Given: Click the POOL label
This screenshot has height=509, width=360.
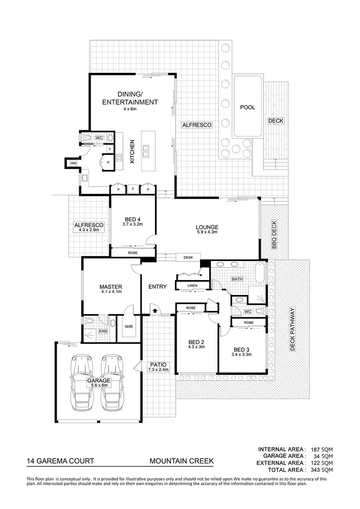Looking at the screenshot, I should (x=248, y=107).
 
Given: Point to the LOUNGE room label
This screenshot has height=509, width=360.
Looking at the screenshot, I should (x=207, y=227).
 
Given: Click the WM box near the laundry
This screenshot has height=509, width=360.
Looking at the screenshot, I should (x=73, y=164).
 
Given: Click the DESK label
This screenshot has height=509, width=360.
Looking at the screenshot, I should (x=188, y=258).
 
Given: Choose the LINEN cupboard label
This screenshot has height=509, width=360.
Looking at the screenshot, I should (x=192, y=286).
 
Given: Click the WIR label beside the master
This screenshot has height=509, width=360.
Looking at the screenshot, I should (x=129, y=327).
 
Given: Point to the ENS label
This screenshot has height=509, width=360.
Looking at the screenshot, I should (x=102, y=331).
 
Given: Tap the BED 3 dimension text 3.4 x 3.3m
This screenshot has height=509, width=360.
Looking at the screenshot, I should (x=241, y=355).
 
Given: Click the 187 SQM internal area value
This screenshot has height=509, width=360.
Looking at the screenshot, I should (x=322, y=449).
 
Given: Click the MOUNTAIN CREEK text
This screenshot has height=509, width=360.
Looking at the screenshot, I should (x=181, y=462).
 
